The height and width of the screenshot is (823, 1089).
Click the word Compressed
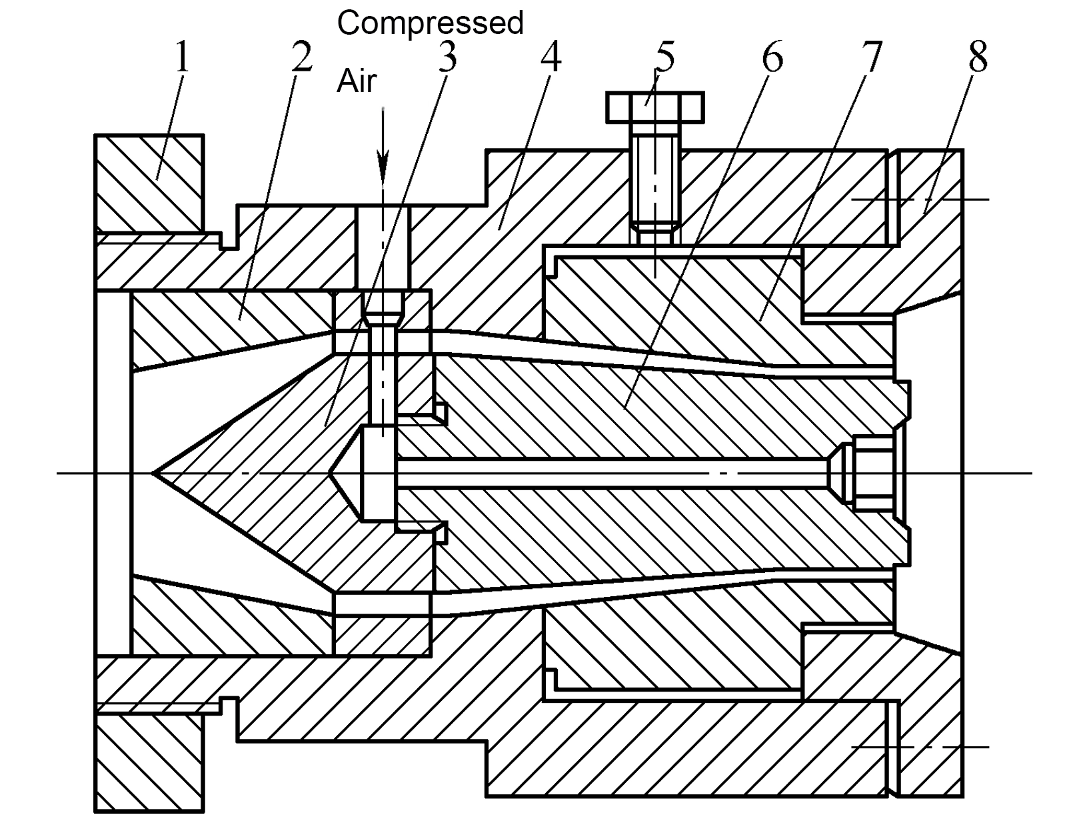[x=430, y=23]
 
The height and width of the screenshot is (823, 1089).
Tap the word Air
[x=357, y=81]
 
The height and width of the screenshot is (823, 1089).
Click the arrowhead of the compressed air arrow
[x=383, y=168]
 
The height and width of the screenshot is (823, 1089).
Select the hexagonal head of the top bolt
[x=655, y=107]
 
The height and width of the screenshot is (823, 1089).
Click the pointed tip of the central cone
[x=153, y=473]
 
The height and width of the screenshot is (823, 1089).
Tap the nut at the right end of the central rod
[x=873, y=473]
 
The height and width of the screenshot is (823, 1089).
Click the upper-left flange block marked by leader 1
[x=149, y=183]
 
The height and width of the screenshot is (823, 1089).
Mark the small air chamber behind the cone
[x=379, y=473]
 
